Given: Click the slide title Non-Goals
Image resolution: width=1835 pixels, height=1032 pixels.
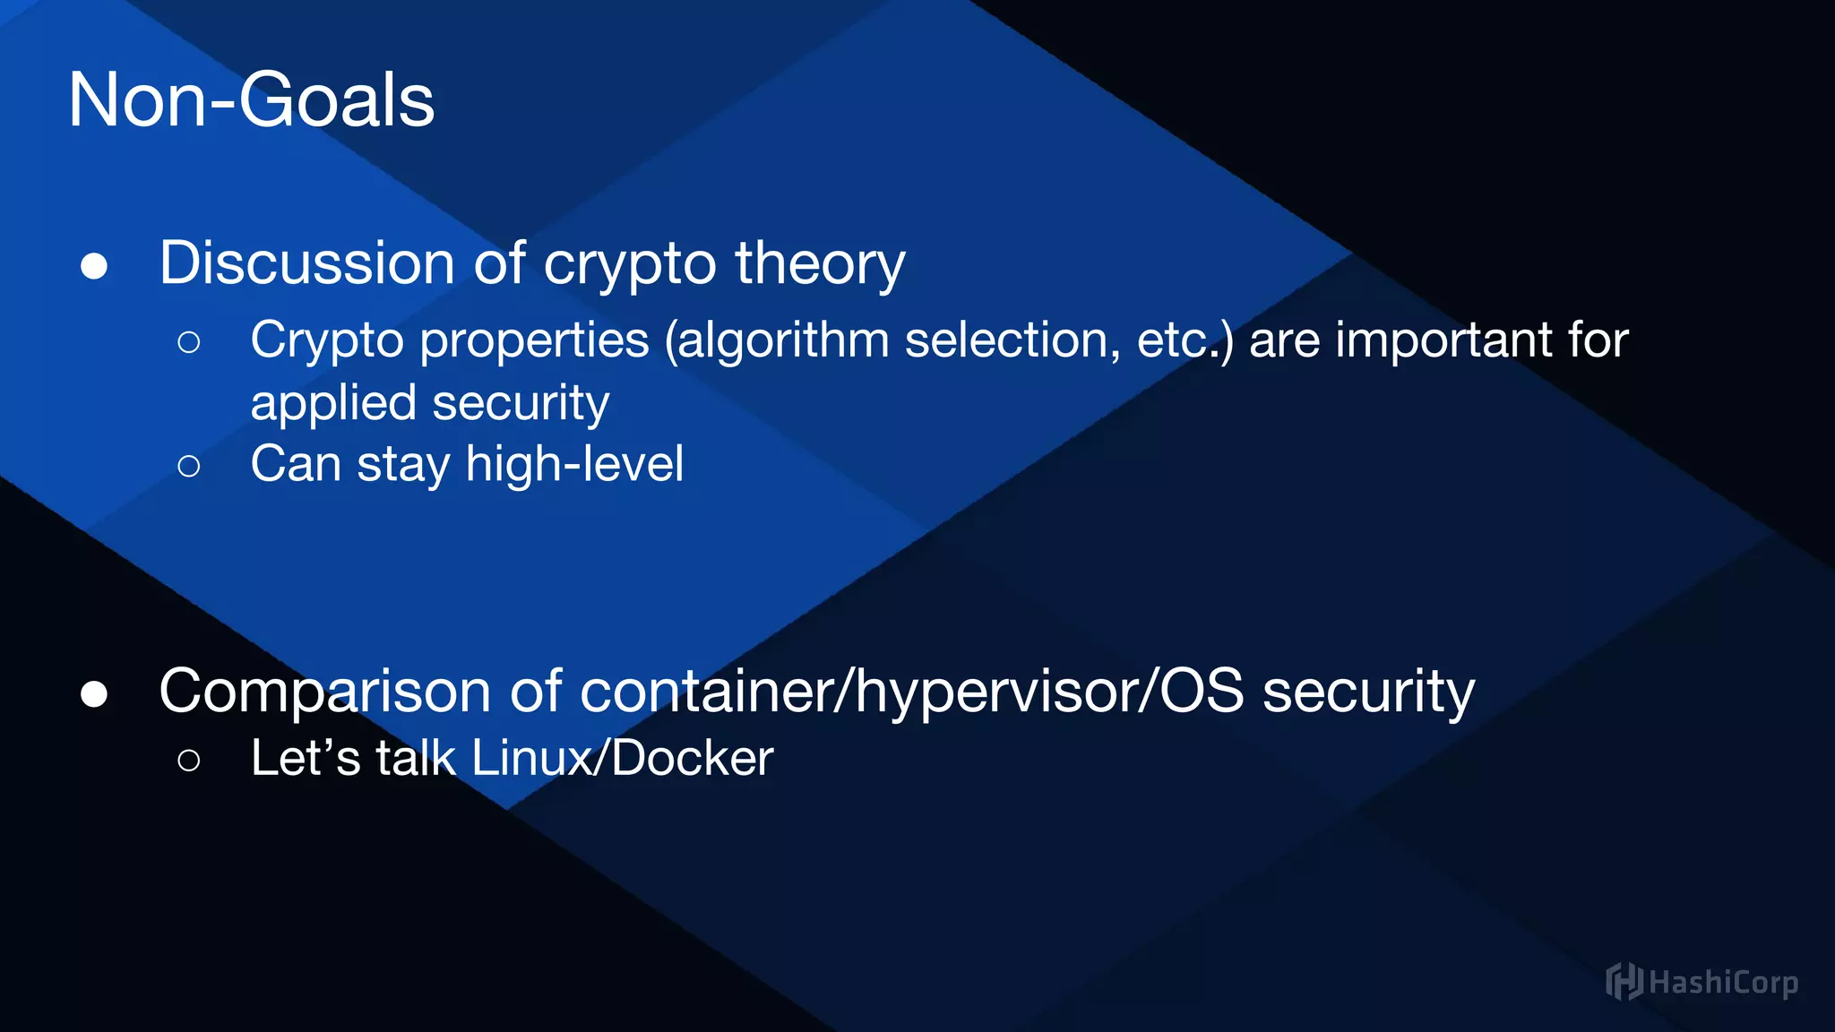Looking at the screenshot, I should click(x=251, y=100).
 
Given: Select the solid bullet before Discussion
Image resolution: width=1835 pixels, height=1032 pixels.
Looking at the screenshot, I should click(x=94, y=266).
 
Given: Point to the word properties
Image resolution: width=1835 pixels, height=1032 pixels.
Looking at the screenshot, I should click(x=534, y=340).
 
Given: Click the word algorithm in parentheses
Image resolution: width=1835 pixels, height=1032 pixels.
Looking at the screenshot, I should click(x=782, y=340).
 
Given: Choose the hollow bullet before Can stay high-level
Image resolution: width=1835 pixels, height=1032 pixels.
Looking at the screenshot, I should click(x=189, y=466).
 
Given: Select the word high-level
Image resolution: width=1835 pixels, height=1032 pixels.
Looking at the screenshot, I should click(x=574, y=464).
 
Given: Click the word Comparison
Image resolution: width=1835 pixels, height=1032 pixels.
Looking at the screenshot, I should click(x=324, y=692).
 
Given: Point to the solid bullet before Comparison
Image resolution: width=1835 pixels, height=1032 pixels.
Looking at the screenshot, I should click(x=94, y=694).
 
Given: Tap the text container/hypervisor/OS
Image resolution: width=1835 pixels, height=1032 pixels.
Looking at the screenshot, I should click(x=912, y=692).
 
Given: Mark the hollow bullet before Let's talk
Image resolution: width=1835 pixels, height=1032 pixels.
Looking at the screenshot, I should click(x=189, y=761).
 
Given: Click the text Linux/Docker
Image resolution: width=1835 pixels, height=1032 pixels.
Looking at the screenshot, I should click(x=622, y=758).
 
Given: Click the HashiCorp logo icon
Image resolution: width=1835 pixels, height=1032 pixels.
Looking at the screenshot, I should click(x=1624, y=982).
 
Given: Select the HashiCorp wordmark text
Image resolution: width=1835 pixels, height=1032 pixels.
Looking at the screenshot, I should click(x=1723, y=983).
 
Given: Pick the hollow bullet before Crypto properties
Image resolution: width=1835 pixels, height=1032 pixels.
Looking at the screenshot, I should click(x=189, y=341).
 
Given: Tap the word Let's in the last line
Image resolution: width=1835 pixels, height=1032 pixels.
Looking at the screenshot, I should click(x=306, y=758).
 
